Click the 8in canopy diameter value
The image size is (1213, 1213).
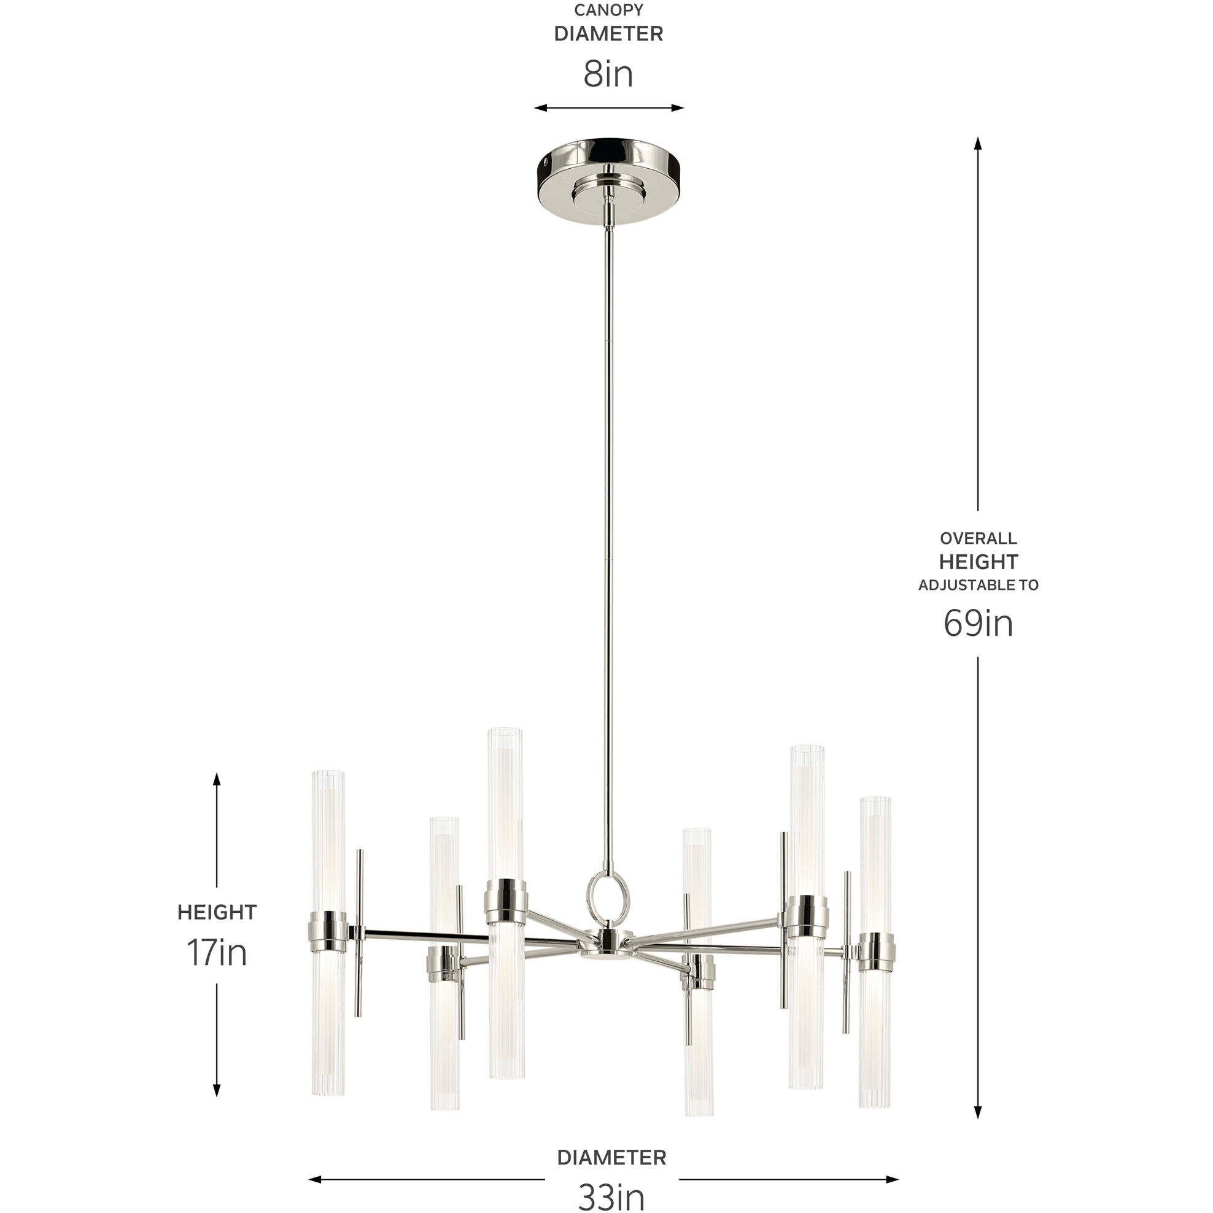pyautogui.click(x=608, y=74)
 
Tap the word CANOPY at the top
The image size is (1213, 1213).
pyautogui.click(x=608, y=10)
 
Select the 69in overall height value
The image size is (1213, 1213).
pyautogui.click(x=977, y=624)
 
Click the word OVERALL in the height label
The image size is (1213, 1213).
pyautogui.click(x=978, y=538)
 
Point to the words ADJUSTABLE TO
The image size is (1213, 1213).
pyautogui.click(x=978, y=585)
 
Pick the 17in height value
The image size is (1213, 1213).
pyautogui.click(x=217, y=953)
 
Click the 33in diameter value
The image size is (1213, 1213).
pyautogui.click(x=611, y=1196)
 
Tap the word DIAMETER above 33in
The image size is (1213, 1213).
pyautogui.click(x=611, y=1157)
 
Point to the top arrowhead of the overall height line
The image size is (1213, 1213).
pyautogui.click(x=977, y=143)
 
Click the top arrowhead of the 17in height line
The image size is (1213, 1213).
pyautogui.click(x=217, y=779)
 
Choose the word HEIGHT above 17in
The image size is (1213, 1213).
pyautogui.click(x=217, y=912)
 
